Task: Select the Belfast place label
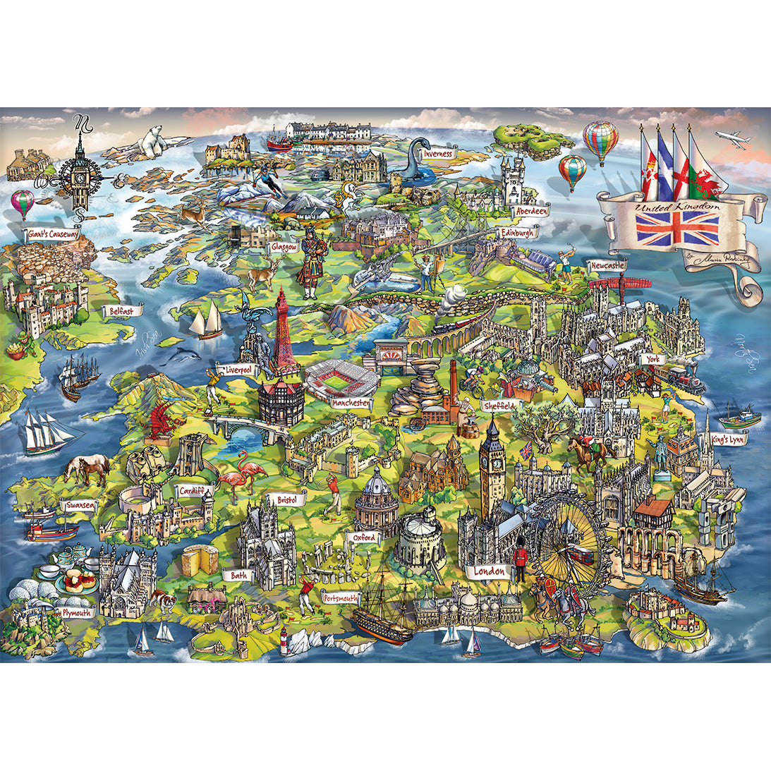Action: point(123,310)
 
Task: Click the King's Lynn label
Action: point(729,439)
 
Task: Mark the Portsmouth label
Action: point(340,598)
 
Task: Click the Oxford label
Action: point(363,538)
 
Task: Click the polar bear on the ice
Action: point(151,141)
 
